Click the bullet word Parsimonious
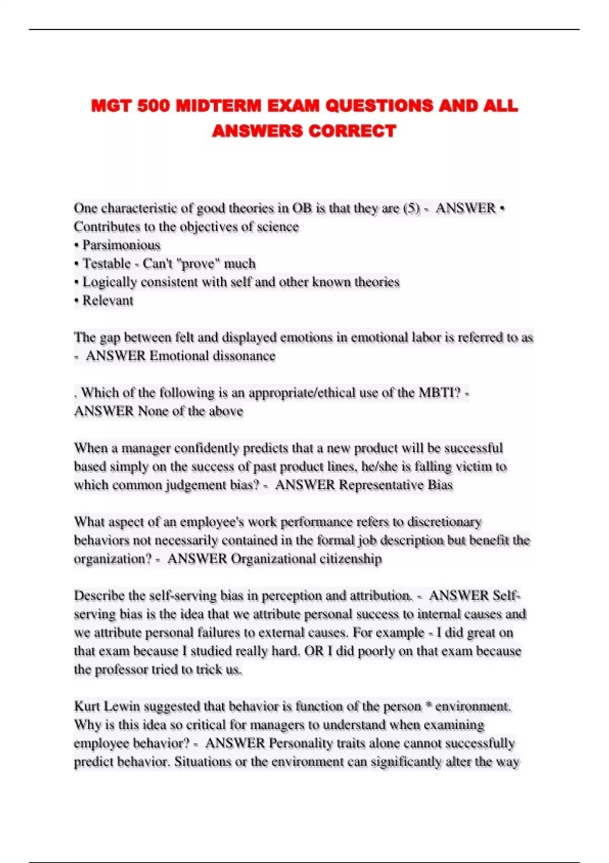point(121,245)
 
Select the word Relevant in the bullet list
point(108,301)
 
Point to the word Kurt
point(87,706)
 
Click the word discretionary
point(445,522)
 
